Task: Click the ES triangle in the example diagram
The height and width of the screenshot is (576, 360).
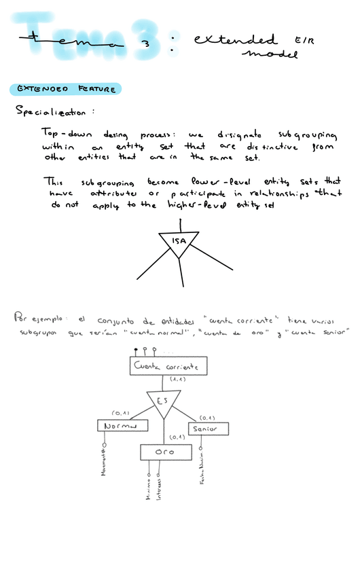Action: coord(164,403)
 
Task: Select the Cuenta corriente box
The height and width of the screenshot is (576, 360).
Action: coord(167,367)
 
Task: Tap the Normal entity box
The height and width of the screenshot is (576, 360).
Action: coord(122,426)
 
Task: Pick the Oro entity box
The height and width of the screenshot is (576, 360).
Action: coord(164,452)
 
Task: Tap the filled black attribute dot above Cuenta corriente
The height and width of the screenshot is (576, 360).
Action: coord(138,350)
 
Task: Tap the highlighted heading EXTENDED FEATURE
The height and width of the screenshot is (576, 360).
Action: coord(65,89)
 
